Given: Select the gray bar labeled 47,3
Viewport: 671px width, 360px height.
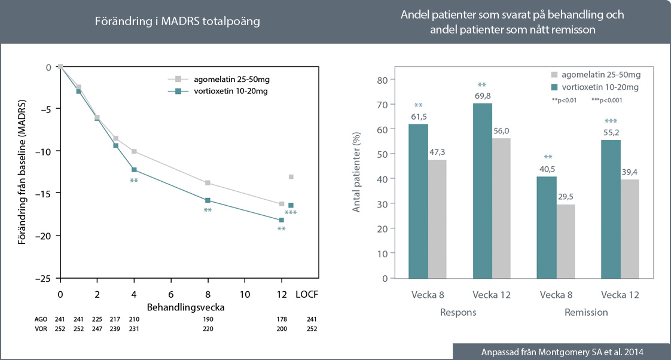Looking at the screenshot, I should coord(437,218).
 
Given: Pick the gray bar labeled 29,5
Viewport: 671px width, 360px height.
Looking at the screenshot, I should coord(565,240).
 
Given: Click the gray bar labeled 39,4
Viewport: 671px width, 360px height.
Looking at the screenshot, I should coord(629,228).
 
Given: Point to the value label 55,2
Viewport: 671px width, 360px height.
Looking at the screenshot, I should coord(611,133).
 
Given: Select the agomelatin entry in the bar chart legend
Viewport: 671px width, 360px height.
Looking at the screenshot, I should coord(596,75).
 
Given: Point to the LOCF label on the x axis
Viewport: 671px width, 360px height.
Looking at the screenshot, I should coord(307,295).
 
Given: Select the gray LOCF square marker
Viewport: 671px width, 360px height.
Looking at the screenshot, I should coord(291,176).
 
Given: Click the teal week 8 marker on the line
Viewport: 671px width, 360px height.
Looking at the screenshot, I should coord(208,200).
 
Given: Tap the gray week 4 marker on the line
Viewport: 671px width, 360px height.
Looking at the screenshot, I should coord(134,151).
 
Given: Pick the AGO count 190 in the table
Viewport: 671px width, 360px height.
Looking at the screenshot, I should coord(208,319).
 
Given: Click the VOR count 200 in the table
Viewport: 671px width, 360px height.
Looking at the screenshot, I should coord(282,328).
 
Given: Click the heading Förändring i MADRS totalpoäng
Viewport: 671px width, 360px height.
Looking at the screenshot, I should coord(178,21).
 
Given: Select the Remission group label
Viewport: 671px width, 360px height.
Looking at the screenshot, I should coord(586,312).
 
